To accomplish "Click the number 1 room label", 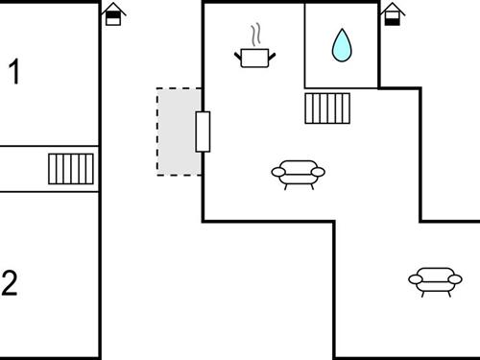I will tap(14, 72).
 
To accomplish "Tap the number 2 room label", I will tap(10, 283).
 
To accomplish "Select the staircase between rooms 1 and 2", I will tap(72, 169).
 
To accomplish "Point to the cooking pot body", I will tap(254, 59).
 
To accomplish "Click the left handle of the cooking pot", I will tap(238, 55).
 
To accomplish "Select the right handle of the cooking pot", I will tap(272, 55).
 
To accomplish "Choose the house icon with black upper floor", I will tap(113, 14).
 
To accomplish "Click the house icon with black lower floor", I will tap(391, 14).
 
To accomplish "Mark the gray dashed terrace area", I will tap(177, 132).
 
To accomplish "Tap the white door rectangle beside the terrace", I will tap(203, 132).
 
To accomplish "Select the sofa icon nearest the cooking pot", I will tap(299, 173).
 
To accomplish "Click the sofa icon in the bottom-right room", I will tap(435, 279).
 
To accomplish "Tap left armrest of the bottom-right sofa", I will tap(415, 279).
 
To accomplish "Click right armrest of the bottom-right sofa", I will tap(455, 279).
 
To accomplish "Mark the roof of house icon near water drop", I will tap(391, 8).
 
